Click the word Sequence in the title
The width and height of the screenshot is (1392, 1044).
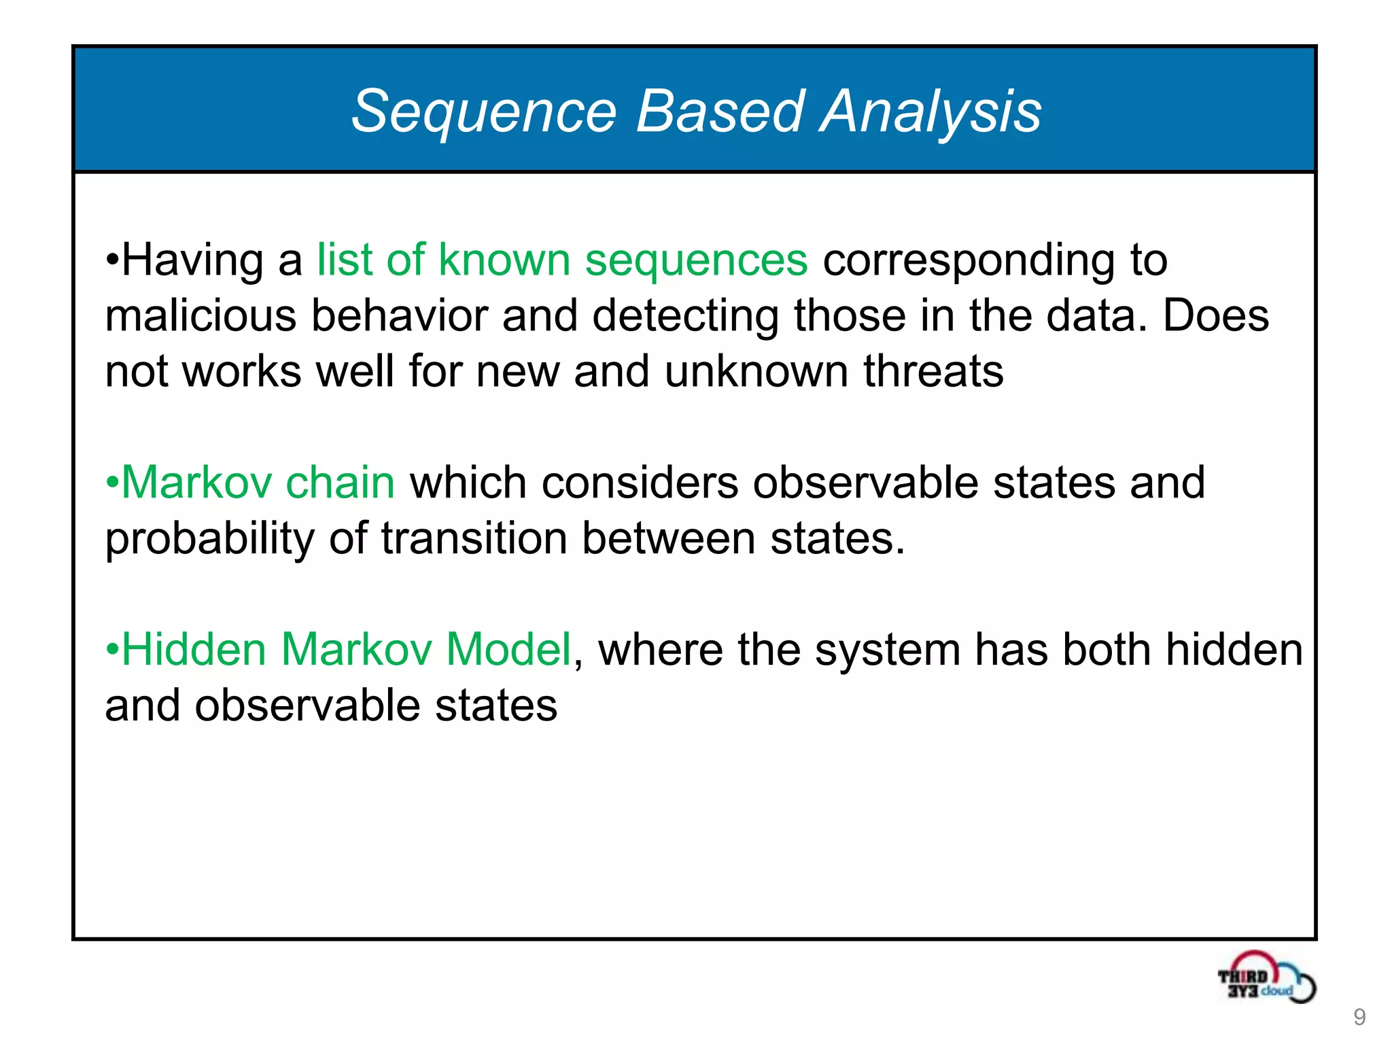click(x=484, y=112)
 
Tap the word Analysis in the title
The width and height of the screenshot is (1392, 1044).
click(x=930, y=112)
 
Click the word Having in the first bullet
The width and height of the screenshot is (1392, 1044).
click(x=192, y=261)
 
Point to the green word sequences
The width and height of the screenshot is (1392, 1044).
click(x=696, y=261)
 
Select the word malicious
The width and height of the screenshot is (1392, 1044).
click(x=201, y=317)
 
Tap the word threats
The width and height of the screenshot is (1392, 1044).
click(x=933, y=372)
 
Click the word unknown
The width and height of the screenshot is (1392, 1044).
click(x=756, y=372)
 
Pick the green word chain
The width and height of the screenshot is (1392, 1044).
click(x=340, y=483)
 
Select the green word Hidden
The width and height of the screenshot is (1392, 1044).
click(x=193, y=650)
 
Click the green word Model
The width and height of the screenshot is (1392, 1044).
click(x=508, y=650)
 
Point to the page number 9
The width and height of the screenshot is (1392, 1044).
click(x=1359, y=1017)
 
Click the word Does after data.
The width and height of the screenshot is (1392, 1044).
click(x=1215, y=317)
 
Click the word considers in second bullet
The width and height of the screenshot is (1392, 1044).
click(x=640, y=483)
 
